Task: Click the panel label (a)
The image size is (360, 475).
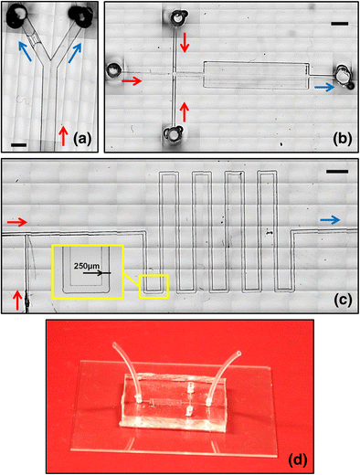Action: [x=82, y=139]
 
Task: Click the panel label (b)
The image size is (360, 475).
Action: [x=343, y=139]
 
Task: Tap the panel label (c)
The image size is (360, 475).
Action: [x=343, y=301]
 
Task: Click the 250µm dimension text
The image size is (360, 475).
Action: [x=87, y=266]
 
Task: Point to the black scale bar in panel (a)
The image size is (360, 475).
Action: [x=19, y=145]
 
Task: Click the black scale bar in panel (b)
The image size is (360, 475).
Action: [x=340, y=24]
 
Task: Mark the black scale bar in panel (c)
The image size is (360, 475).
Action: [x=337, y=172]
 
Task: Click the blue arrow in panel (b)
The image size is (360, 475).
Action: [x=324, y=88]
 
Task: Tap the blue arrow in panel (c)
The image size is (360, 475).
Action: [x=330, y=220]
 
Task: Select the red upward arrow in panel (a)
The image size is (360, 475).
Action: [x=63, y=136]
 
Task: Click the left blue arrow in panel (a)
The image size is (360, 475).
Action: [x=25, y=51]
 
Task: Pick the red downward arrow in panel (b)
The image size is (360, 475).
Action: [x=185, y=42]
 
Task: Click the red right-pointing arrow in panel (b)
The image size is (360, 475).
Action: [x=132, y=81]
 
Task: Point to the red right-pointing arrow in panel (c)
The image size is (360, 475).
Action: [x=17, y=223]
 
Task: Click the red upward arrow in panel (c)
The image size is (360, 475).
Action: [x=17, y=301]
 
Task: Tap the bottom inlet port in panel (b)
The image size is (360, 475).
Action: [x=174, y=134]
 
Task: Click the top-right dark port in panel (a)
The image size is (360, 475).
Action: [x=79, y=16]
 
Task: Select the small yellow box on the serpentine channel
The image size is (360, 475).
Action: [x=154, y=286]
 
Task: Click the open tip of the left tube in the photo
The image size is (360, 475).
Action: [x=114, y=344]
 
